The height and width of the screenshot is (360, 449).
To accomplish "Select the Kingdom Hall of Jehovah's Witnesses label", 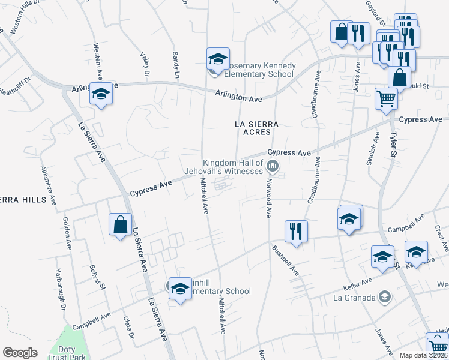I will tap(233, 167).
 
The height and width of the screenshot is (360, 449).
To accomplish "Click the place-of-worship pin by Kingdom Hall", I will tap(273, 166).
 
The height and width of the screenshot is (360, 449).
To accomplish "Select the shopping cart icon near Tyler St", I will tap(386, 98).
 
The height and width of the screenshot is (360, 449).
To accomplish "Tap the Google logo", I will tap(20, 353).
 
